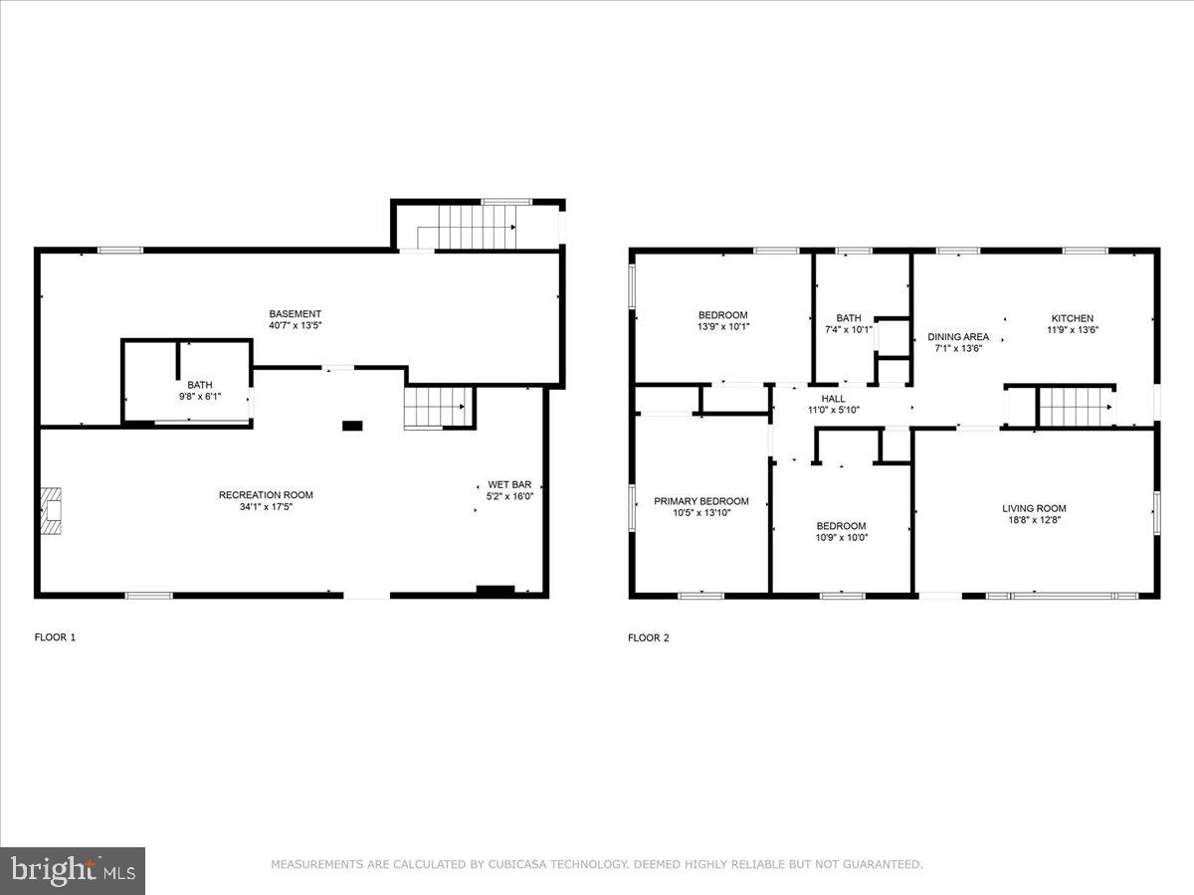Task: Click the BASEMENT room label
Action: pyautogui.click(x=295, y=314)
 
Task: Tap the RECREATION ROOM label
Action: pyautogui.click(x=266, y=495)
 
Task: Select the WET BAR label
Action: pyautogui.click(x=508, y=484)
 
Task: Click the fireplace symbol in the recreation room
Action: pyautogui.click(x=51, y=511)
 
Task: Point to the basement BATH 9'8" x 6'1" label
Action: pyautogui.click(x=200, y=385)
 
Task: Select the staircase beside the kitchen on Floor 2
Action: pyautogui.click(x=1075, y=407)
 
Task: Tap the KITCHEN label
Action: pyautogui.click(x=1072, y=318)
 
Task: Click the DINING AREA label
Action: pyautogui.click(x=958, y=337)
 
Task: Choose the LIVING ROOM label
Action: pyautogui.click(x=1034, y=508)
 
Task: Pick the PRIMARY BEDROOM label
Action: pyautogui.click(x=700, y=501)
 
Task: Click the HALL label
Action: pyautogui.click(x=833, y=399)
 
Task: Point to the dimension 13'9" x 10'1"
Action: pyautogui.click(x=722, y=326)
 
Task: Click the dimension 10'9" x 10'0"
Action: pyautogui.click(x=841, y=538)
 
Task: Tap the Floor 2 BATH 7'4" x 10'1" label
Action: pyautogui.click(x=849, y=318)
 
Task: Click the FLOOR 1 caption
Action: pyautogui.click(x=55, y=637)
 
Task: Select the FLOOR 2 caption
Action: pyautogui.click(x=648, y=638)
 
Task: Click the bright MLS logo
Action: pyautogui.click(x=73, y=871)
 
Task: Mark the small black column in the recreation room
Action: pyautogui.click(x=352, y=426)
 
